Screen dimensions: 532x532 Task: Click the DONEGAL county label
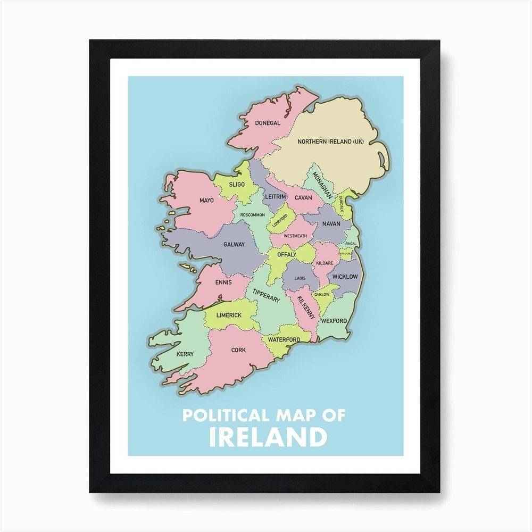click(x=268, y=123)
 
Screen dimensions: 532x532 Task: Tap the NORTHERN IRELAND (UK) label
click(x=330, y=142)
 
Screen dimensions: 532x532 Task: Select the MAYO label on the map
click(x=206, y=201)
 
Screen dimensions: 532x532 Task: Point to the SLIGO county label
click(x=237, y=185)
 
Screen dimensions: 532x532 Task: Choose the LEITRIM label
click(x=276, y=197)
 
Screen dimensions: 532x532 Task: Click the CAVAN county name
click(x=303, y=197)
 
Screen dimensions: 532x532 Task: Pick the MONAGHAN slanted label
click(x=323, y=185)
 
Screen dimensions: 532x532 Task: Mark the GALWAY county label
click(x=234, y=245)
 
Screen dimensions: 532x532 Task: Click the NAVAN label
click(x=331, y=224)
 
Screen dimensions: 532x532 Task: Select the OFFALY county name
click(x=286, y=255)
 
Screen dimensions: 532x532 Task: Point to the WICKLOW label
click(x=345, y=277)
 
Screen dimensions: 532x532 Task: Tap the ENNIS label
click(x=223, y=282)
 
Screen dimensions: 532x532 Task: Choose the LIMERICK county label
click(x=229, y=315)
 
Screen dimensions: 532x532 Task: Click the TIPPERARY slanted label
click(x=266, y=295)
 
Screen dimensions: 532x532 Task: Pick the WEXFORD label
click(x=334, y=321)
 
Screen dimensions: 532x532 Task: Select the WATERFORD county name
click(x=284, y=339)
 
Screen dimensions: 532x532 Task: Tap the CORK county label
click(x=238, y=350)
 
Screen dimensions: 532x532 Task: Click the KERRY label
click(x=185, y=354)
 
